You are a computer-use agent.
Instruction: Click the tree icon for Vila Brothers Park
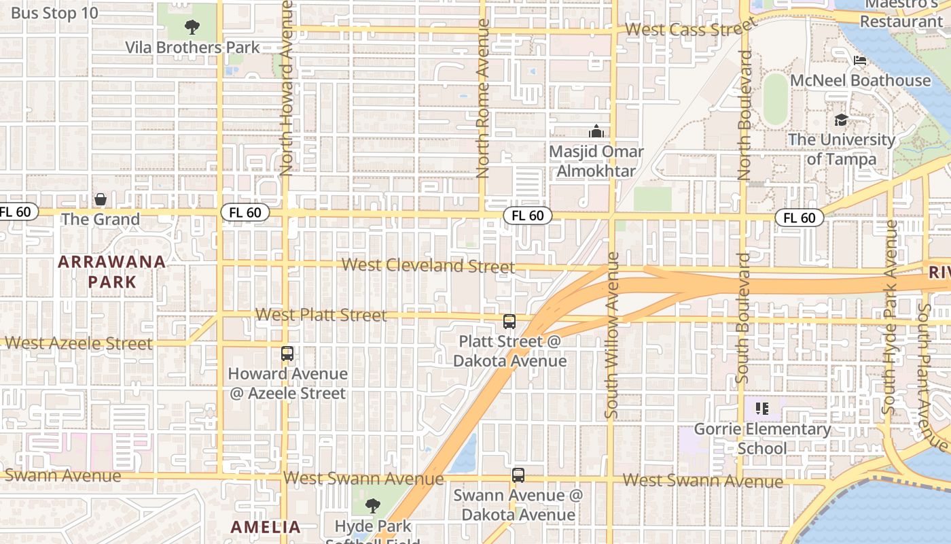coord(192,28)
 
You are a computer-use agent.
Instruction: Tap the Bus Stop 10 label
coord(54,13)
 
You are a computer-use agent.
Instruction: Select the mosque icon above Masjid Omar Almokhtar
coord(596,131)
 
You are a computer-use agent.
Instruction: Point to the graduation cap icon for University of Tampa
coord(841,120)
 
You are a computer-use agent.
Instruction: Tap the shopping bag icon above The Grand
coord(101,199)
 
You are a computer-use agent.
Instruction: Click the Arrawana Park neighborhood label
coord(111,271)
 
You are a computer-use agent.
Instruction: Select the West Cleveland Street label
coord(428,265)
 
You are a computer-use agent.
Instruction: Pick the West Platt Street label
coord(321,315)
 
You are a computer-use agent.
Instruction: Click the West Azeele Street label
coord(78,343)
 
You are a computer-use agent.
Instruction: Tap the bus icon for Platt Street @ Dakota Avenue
coord(509,322)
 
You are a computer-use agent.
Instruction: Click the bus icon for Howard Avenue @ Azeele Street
coord(287,354)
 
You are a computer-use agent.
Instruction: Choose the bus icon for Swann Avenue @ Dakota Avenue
coord(518,475)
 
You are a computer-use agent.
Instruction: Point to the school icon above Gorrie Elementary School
coord(762,409)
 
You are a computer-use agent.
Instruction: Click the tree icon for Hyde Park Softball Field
coord(372,506)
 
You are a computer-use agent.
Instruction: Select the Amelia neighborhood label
coord(265,526)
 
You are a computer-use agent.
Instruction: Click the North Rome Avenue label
coord(483,99)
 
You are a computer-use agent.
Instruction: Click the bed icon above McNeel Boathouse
coord(860,61)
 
